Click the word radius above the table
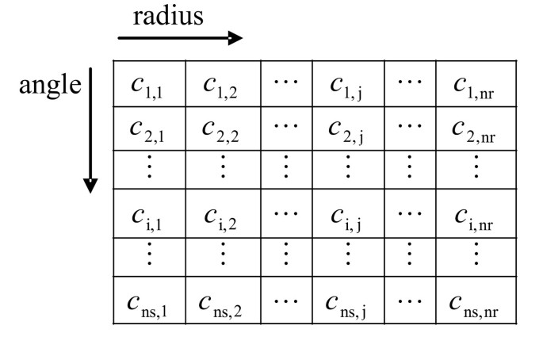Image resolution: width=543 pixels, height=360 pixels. pos(168,17)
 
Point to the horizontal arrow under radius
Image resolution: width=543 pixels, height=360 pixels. pos(179,38)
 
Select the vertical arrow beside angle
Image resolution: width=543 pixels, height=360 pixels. pos(92,131)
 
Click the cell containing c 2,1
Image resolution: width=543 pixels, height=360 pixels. pos(148,128)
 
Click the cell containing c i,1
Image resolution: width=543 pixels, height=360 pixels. pos(148,214)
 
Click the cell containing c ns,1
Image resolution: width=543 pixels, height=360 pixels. pos(148,301)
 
